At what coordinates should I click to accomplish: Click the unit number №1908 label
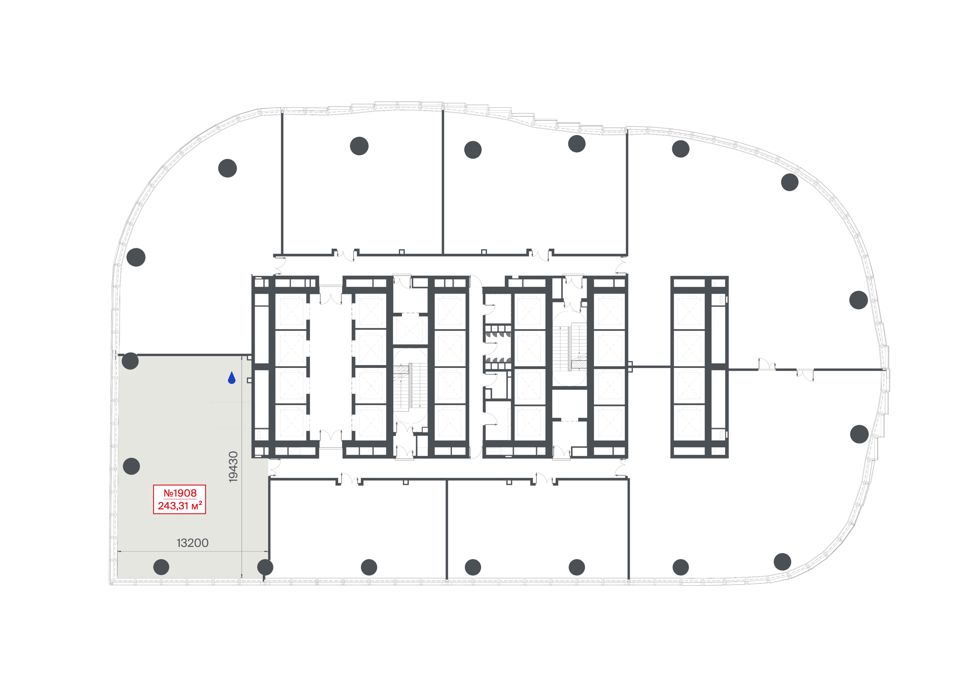point(180,493)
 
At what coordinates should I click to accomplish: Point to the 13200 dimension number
point(192,543)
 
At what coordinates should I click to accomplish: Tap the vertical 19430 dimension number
point(233,467)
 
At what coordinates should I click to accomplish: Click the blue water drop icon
point(232,378)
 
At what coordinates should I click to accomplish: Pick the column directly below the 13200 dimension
point(161,567)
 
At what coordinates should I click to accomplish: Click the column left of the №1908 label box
point(131,466)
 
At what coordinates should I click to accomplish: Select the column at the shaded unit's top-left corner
point(130,361)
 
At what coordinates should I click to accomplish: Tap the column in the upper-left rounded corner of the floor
point(227,168)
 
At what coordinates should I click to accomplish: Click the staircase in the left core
point(410,388)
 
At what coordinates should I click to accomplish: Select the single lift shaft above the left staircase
point(409,330)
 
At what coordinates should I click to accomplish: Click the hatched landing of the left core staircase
point(401,370)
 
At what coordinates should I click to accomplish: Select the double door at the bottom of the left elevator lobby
point(330,436)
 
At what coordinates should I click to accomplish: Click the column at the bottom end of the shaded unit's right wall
point(265,567)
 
